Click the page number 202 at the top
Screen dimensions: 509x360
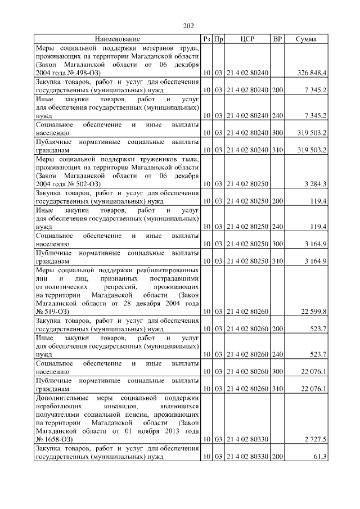(188, 25)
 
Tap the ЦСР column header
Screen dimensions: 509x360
(247, 39)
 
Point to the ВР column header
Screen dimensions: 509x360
(277, 39)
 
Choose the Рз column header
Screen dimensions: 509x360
(207, 39)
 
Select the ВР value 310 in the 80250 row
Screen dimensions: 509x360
(277, 262)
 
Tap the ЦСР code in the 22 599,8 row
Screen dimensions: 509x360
(247, 311)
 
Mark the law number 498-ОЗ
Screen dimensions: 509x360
(83, 74)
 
